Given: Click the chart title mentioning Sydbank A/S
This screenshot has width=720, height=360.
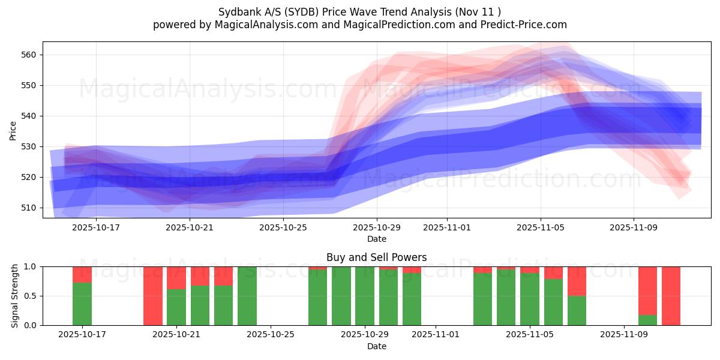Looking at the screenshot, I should coord(359,11).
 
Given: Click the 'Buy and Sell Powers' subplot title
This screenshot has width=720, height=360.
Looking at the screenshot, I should coord(376,257).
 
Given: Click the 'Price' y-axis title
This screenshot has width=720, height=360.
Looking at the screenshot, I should coord(13,130).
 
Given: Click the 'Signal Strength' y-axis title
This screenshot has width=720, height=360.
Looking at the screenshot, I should coord(15,296).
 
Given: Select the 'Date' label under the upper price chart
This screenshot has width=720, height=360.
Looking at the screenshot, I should coord(376,239).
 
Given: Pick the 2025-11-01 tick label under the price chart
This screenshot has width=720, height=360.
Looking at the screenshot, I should coord(446,227).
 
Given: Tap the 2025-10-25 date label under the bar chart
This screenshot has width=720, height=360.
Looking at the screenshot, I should coord(271,335).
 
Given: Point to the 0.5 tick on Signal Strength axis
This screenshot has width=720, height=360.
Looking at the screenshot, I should coord(30,296).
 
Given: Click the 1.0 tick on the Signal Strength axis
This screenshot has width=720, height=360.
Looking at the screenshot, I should coord(30,266).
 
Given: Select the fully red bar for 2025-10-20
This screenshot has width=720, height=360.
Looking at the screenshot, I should coord(153,296).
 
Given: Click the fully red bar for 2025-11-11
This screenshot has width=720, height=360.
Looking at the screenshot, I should coord(671,296).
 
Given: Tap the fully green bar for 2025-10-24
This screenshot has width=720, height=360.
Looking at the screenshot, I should coord(247,296).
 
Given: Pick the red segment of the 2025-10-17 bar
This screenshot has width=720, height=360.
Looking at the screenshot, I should coord(82,274).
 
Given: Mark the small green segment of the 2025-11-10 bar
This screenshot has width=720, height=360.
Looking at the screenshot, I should coord(647,320).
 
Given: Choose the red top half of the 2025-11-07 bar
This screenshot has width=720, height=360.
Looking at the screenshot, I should coord(577,281).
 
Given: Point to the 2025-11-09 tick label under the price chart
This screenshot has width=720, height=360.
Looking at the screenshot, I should coord(634,227).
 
